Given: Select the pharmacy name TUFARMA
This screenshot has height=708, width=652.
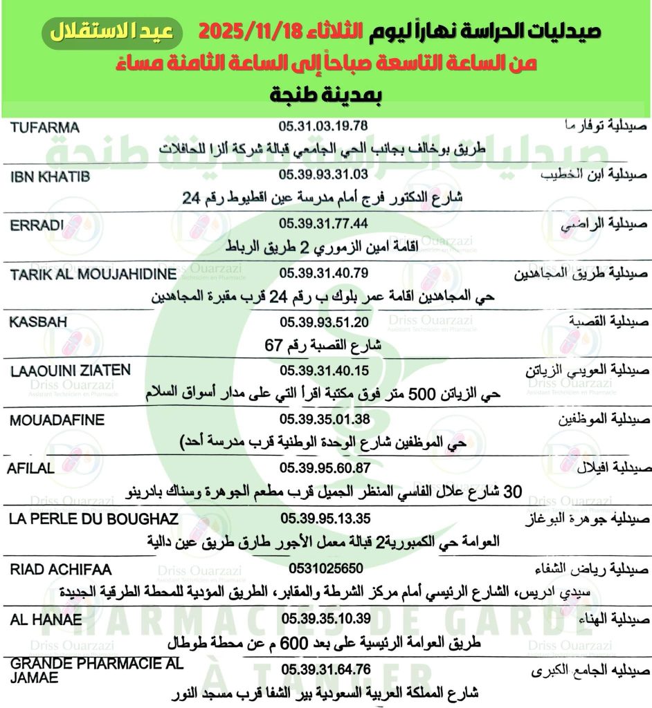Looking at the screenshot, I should tap(46, 127).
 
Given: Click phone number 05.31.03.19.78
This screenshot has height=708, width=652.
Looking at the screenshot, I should tap(323, 127).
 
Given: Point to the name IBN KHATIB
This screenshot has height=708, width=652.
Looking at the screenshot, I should tap(51, 176).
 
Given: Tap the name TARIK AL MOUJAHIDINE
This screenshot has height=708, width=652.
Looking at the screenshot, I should tap(93, 274).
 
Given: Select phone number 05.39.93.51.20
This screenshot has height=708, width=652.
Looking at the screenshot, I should tap(323, 322).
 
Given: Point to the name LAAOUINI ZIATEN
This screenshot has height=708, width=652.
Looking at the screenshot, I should tap(71, 371).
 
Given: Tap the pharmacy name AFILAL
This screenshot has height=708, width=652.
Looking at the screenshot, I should tap(30, 469).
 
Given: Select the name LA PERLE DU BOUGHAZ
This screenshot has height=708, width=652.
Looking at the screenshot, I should tap(95, 519).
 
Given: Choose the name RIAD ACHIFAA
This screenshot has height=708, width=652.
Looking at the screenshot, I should tap(62, 569).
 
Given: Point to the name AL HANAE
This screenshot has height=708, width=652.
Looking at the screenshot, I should tap(46, 618).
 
